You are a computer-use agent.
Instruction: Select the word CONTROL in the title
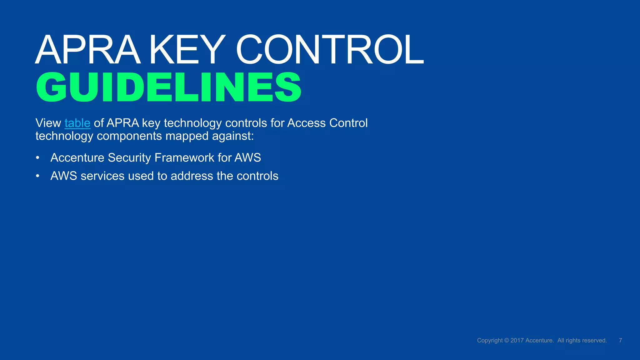(330, 50)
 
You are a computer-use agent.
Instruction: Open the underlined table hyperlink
(77, 123)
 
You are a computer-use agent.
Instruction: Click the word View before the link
(48, 123)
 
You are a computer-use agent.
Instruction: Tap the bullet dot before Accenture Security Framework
(38, 158)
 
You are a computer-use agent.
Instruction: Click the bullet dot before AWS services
(38, 176)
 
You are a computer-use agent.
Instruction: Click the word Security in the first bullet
(129, 158)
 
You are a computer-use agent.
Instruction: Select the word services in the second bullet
(102, 176)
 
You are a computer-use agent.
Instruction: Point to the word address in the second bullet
(192, 176)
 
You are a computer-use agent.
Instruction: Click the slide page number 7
(620, 340)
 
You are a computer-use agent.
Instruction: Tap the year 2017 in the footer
(517, 341)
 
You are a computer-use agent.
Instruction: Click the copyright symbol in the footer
(507, 341)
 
